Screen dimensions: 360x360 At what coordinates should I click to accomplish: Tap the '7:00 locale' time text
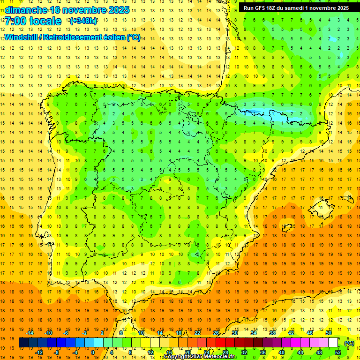tap(33, 21)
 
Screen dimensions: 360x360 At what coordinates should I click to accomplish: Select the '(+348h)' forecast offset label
tap(83, 21)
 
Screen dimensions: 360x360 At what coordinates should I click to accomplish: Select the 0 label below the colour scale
tap(93, 352)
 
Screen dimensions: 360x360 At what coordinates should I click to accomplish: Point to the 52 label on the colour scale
tap(338, 352)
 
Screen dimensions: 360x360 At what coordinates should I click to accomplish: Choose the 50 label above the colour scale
tap(329, 333)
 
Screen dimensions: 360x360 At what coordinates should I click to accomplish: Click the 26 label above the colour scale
tap(216, 333)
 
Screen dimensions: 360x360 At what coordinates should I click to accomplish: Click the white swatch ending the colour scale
tap(333, 343)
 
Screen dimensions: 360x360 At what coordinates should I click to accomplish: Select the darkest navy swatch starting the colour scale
tap(23, 343)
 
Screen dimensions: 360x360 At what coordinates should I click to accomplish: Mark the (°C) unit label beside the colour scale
tap(349, 343)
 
